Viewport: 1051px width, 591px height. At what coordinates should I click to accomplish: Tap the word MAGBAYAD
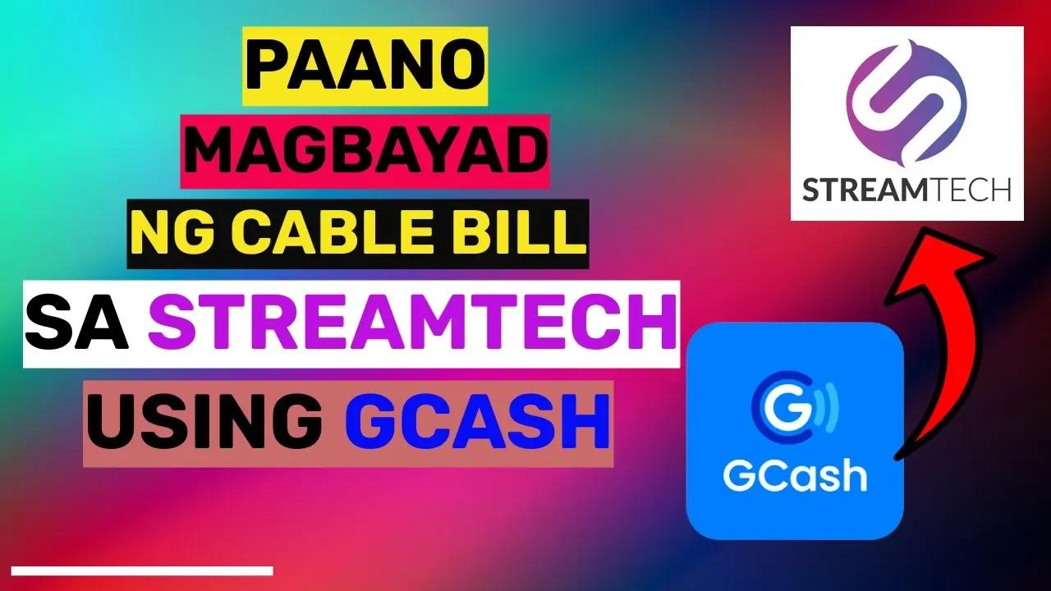coord(365,153)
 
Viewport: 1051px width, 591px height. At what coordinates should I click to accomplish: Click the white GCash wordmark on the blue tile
coord(794,475)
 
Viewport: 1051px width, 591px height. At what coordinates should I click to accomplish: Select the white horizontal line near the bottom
coord(141,570)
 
